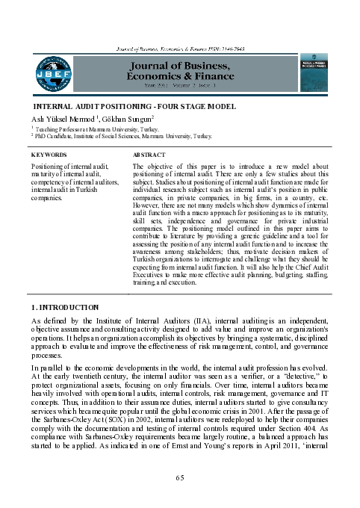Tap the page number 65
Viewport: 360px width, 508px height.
pos(179,477)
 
